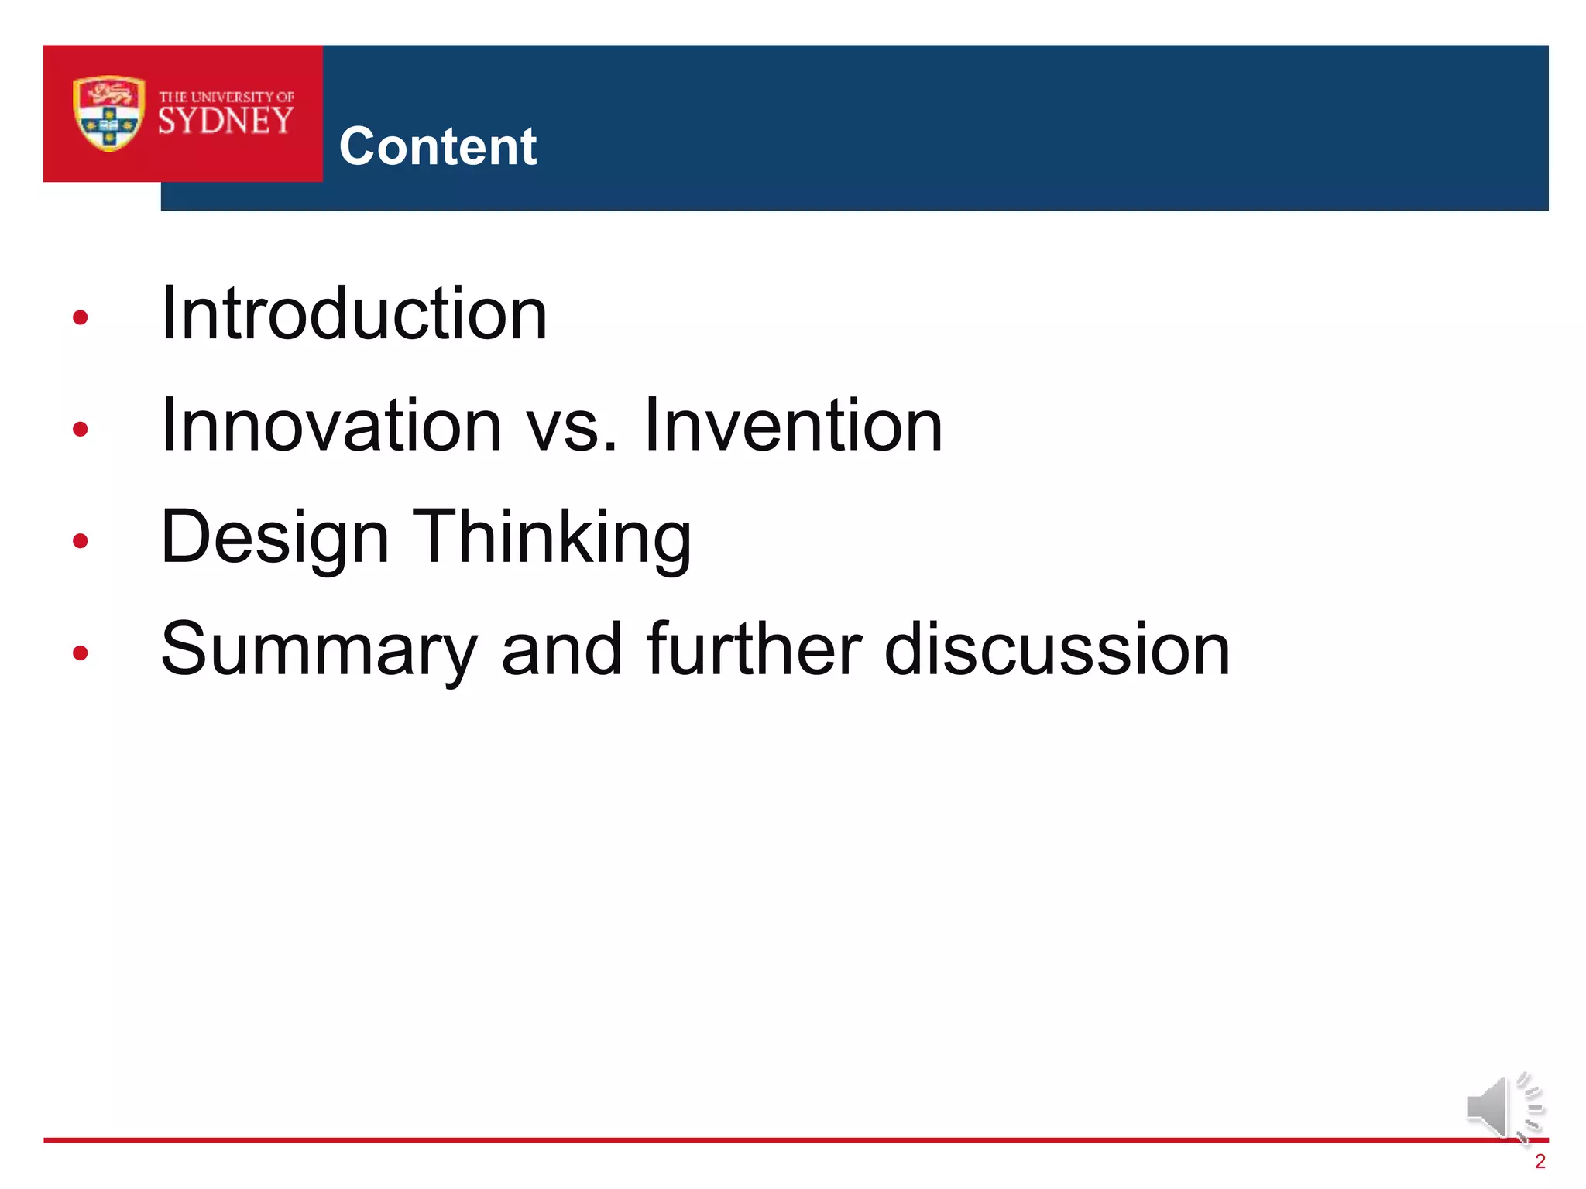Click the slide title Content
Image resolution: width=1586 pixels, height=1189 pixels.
point(438,146)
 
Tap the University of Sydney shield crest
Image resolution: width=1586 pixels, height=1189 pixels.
point(108,113)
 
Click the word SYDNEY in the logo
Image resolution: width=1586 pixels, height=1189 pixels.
point(225,122)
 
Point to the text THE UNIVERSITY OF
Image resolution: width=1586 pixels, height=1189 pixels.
point(226,97)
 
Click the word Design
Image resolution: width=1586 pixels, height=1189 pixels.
point(274,538)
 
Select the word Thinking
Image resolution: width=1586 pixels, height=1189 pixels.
point(551,538)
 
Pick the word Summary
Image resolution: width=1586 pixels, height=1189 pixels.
point(318,650)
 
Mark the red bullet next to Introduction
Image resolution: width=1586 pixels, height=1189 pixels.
point(80,317)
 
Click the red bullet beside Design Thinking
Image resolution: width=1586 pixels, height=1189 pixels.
point(80,540)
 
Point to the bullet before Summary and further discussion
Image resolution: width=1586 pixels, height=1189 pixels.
point(80,653)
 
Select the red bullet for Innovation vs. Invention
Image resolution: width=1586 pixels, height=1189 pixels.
point(80,428)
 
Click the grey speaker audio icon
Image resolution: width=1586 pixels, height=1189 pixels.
point(1501,1108)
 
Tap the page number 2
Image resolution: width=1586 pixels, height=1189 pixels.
point(1540,1161)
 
